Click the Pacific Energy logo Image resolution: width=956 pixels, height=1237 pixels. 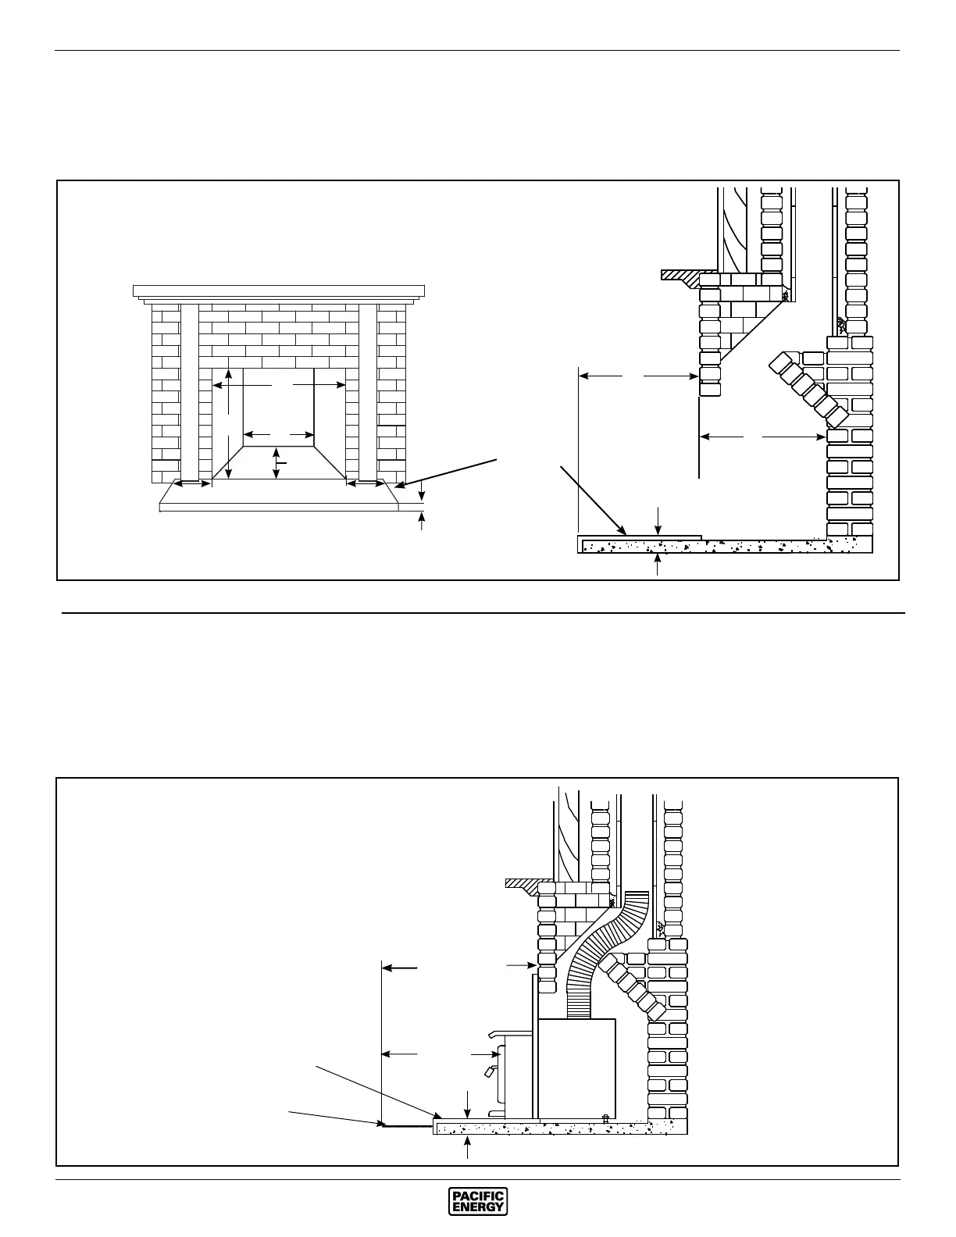tap(478, 1201)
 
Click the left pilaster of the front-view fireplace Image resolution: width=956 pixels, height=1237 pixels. tap(190, 390)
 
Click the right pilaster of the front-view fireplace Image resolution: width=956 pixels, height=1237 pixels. tap(368, 390)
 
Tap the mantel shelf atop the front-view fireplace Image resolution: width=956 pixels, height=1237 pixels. tap(278, 291)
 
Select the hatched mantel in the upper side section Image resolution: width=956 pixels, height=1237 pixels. tap(680, 276)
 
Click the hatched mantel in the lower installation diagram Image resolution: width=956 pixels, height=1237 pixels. tap(522, 883)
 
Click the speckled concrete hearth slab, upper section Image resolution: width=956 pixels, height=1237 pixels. tap(703, 546)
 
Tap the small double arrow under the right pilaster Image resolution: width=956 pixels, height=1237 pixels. tap(364, 484)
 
